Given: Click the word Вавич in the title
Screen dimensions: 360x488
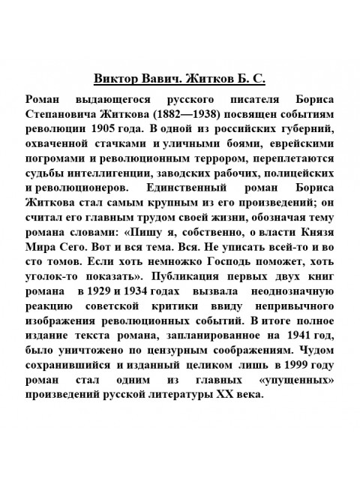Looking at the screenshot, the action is click(155, 78).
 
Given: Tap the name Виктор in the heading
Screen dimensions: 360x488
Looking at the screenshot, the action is click(114, 78).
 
